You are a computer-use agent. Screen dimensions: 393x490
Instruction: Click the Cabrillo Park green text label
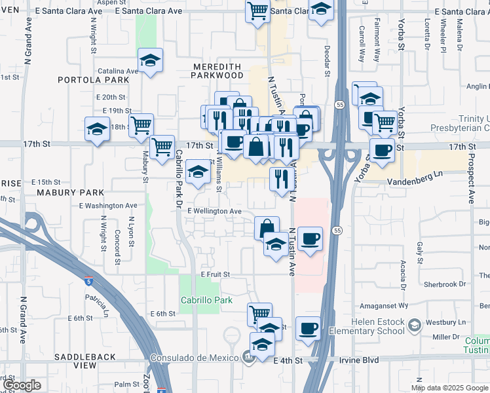point(207,301)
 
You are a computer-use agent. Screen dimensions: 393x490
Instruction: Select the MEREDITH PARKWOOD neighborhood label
point(217,71)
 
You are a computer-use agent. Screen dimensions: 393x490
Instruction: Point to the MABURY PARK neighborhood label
point(70,193)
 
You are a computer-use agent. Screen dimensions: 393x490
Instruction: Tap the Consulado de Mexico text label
point(195,358)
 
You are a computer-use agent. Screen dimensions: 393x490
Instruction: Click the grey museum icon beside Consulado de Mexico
point(248,358)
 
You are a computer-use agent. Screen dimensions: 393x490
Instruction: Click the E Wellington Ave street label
point(214,211)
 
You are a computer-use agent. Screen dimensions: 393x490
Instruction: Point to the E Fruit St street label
point(216,274)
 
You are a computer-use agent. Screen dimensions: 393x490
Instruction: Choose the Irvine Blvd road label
point(362,360)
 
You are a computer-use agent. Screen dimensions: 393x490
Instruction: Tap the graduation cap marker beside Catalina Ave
point(151,61)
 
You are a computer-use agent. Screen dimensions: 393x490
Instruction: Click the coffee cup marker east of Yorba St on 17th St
point(383,149)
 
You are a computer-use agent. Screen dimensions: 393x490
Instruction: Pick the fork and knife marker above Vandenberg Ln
point(282,178)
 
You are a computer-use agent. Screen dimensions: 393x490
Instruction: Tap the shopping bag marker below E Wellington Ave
point(267,227)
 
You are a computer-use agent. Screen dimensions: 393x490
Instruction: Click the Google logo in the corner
point(21,385)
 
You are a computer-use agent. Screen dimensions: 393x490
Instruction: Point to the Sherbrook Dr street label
point(444,284)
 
